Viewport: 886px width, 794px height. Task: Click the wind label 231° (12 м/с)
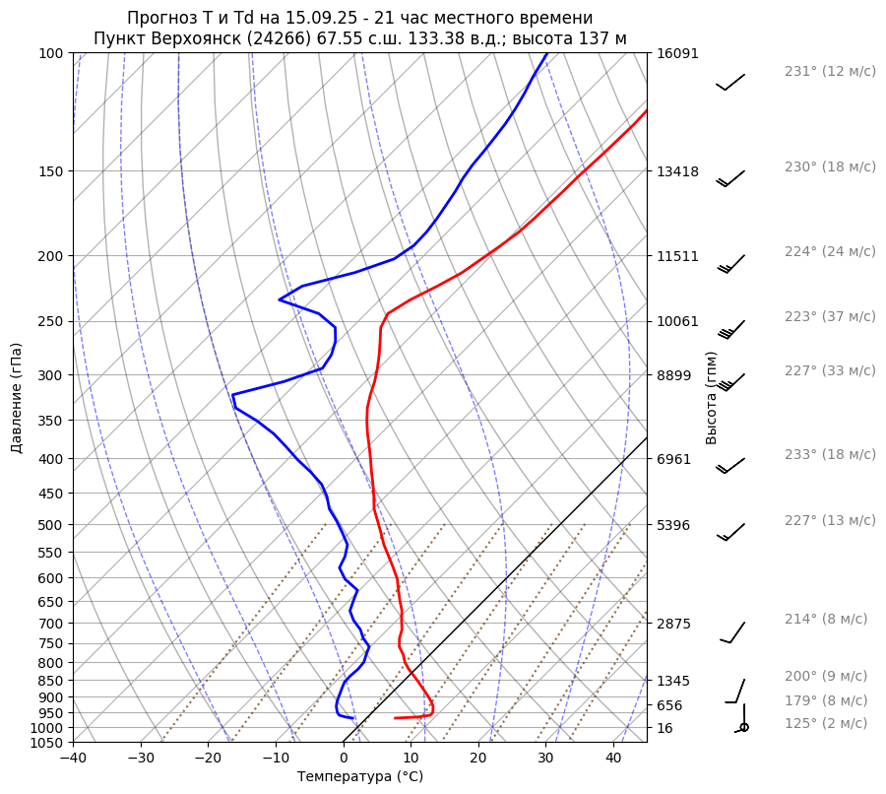[x=829, y=72]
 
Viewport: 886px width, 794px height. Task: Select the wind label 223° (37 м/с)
[x=829, y=317]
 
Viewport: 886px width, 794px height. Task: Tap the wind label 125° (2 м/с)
[x=825, y=724]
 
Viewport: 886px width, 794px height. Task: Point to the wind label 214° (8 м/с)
[x=825, y=620]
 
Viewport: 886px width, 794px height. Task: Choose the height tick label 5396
[x=673, y=525]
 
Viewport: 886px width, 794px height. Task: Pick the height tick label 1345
[x=673, y=681]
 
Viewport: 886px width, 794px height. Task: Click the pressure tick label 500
[x=50, y=525]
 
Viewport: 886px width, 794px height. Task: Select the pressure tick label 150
[x=50, y=171]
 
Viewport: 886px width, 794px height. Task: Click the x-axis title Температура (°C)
[x=360, y=777]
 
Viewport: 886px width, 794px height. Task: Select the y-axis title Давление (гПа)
[x=17, y=398]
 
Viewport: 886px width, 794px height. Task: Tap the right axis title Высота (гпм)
[x=712, y=398]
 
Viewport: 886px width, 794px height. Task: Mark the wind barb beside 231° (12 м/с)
[x=730, y=82]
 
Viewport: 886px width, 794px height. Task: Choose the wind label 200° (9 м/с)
[x=825, y=677]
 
